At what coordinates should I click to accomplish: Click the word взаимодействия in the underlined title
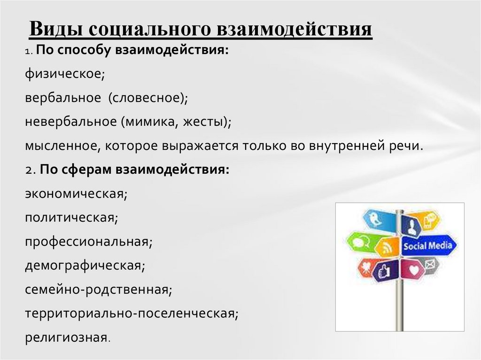[x=294, y=30]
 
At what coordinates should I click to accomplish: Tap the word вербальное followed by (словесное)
[x=63, y=98]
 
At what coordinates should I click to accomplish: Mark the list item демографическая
[x=85, y=266]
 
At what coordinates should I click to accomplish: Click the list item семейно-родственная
[x=99, y=290]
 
